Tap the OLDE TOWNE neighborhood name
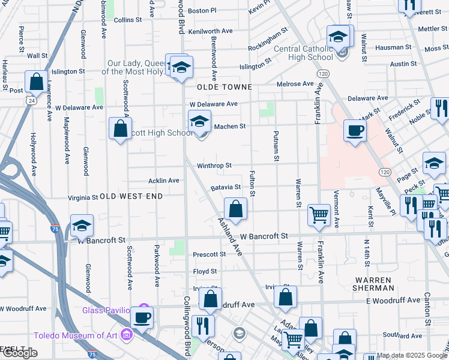[x=225, y=87]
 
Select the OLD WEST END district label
[x=131, y=196]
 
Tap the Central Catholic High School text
[x=303, y=53]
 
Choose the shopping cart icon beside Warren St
[x=319, y=214]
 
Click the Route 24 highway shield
[x=30, y=101]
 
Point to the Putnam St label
[x=276, y=146]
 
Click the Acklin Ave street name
[x=164, y=181]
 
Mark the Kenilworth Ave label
[x=210, y=31]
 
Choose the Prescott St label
[x=209, y=254]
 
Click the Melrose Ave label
[x=295, y=84]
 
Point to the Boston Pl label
[x=202, y=11]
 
